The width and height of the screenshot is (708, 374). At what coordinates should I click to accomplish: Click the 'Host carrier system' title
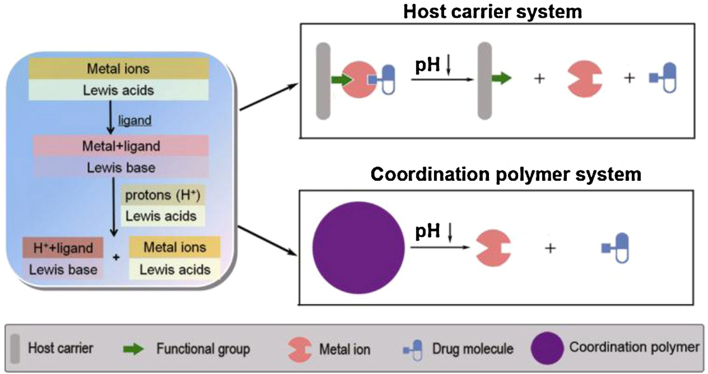pos(492,11)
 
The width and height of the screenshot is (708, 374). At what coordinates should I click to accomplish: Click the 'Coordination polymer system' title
pos(506,174)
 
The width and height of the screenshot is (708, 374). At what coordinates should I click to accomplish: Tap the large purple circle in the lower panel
pos(358,248)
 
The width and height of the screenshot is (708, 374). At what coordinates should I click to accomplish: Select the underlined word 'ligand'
pos(135,121)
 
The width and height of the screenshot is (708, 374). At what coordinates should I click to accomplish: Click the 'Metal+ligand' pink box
pos(121,146)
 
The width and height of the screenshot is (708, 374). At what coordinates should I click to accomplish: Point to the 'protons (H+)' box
pos(163,195)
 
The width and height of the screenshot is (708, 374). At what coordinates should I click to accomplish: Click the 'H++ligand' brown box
pos(63,248)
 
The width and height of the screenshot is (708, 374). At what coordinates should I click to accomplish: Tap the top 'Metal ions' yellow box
pos(118,68)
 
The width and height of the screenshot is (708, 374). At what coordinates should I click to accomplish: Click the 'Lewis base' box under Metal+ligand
pos(121,168)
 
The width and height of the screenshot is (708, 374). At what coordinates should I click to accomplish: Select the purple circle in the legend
pos(547,348)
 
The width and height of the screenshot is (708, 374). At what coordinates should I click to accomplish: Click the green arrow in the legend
pos(133,349)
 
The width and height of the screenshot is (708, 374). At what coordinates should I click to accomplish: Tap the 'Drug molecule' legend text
pos(473,349)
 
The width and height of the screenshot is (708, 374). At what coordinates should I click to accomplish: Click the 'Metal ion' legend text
pos(344,349)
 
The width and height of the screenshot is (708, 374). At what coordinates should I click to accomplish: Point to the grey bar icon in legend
pos(15,349)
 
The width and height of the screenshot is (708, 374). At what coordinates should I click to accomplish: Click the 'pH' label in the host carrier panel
pos(427,65)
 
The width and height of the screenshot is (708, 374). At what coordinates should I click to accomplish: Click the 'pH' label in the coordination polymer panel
pos(427,231)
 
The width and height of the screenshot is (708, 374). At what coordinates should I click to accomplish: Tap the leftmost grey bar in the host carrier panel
pos(323,81)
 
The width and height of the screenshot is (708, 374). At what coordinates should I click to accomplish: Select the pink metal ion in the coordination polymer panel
pos(493,248)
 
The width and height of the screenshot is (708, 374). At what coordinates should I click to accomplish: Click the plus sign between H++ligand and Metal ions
pos(116,257)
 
